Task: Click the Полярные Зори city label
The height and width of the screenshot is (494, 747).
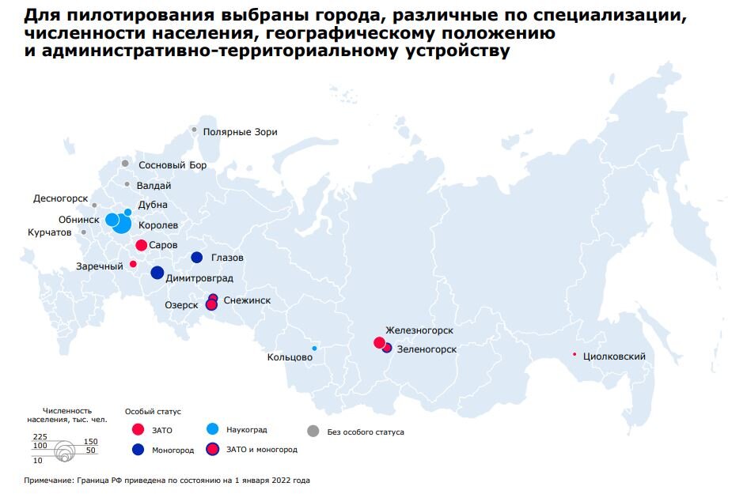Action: (x=240, y=132)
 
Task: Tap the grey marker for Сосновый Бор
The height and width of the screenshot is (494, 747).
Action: (x=125, y=164)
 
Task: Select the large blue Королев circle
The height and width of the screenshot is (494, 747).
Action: (x=122, y=224)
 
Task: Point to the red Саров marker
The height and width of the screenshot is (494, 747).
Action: (x=141, y=246)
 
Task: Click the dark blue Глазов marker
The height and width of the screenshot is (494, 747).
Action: (x=197, y=257)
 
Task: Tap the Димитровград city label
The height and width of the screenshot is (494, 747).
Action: (x=199, y=278)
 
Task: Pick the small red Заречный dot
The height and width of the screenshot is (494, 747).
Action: (x=133, y=264)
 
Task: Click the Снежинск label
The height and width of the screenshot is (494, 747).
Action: (x=247, y=300)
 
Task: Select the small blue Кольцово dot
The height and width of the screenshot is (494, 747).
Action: (x=314, y=349)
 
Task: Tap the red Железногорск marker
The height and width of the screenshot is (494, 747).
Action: (x=379, y=343)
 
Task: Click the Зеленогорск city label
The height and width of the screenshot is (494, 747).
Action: (x=427, y=349)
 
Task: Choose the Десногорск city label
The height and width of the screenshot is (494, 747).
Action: (x=59, y=198)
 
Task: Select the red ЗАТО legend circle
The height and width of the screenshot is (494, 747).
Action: (x=138, y=430)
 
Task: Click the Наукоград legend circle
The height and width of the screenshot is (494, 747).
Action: (x=212, y=429)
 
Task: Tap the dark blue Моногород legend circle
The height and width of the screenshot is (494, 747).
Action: (x=138, y=449)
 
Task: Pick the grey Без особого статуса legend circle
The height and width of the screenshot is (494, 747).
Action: (x=313, y=431)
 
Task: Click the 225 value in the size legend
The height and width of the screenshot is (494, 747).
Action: (x=40, y=436)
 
